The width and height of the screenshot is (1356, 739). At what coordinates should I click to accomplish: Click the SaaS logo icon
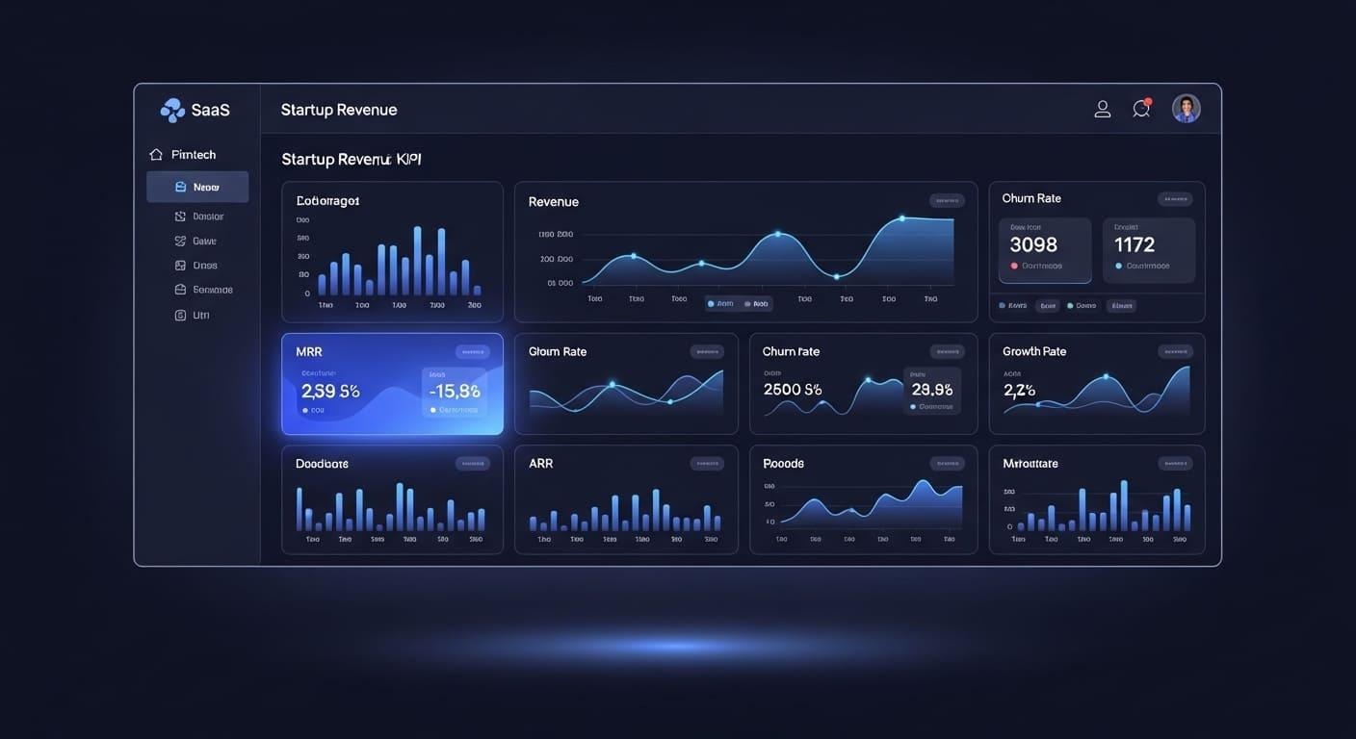(172, 111)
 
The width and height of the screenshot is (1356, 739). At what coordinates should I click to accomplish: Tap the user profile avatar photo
(1186, 109)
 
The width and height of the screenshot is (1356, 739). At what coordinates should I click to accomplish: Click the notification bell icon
(1141, 109)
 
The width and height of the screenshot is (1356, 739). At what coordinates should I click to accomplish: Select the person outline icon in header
(1103, 110)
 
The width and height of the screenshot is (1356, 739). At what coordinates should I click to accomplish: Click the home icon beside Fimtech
(156, 155)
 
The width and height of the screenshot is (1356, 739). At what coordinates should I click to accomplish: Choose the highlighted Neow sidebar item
(197, 187)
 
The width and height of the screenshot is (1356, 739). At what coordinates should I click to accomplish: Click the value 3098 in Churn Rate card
(1033, 244)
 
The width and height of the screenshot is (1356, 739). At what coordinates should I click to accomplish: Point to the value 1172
(1134, 244)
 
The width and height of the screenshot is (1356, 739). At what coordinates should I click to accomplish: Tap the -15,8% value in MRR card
(454, 391)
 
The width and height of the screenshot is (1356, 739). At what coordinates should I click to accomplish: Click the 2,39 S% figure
(330, 391)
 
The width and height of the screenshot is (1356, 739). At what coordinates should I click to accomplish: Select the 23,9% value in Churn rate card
(931, 389)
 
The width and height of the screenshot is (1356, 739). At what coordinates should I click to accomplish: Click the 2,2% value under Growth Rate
(1019, 390)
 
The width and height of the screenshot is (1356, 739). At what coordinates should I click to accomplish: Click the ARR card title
(540, 464)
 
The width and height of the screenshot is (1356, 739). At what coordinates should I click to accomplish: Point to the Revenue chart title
(554, 202)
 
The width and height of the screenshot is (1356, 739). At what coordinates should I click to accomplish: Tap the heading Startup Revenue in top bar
(339, 110)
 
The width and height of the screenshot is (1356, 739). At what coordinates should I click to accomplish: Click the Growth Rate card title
(1034, 351)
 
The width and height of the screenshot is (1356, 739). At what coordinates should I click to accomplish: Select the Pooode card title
(783, 464)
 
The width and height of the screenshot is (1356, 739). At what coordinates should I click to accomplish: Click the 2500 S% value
(793, 389)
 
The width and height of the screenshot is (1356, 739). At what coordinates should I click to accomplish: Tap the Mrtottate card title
(1030, 464)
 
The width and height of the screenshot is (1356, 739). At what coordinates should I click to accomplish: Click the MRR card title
(309, 352)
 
